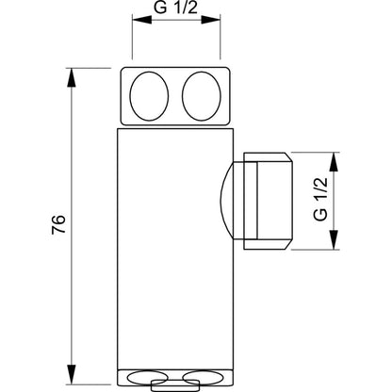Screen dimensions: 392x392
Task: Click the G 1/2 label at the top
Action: click(176, 8)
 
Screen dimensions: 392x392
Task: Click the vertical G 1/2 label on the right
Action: click(320, 200)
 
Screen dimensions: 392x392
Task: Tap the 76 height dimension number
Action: click(58, 224)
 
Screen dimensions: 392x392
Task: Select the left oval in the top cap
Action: click(149, 96)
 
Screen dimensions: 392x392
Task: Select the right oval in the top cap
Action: click(202, 96)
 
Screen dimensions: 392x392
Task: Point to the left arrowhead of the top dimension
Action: click(142, 20)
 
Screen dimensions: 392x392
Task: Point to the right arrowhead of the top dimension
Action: click(210, 20)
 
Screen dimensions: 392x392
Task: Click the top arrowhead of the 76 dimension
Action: click(72, 77)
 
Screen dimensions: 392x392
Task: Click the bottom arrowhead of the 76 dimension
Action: click(72, 374)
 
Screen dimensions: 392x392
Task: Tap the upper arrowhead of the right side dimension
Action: click(334, 162)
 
